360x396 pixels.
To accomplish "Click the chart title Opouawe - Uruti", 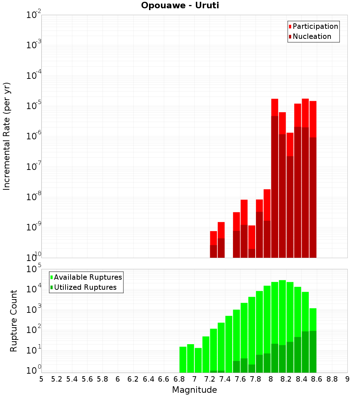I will pos(180,6).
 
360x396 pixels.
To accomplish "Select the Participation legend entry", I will pos(315,26).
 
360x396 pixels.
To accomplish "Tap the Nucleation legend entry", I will pos(311,36).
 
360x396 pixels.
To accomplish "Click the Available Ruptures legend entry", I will pos(87,277).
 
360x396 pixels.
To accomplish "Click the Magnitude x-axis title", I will pos(194,390).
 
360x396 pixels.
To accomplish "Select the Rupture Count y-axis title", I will pos(14,321).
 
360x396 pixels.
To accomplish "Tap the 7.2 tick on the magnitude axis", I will pos(210,379).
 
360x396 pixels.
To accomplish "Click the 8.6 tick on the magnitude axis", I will pos(317,379).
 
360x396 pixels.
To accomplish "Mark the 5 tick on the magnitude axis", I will pos(41,379).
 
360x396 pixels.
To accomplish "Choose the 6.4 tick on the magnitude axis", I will pos(148,379).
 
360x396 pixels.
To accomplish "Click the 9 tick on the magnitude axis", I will pos(347,379).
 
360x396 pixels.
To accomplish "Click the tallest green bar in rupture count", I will pos(282,324).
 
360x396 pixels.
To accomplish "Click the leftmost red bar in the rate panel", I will pos(213,244).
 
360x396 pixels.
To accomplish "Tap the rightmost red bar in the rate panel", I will pos(313,180).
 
